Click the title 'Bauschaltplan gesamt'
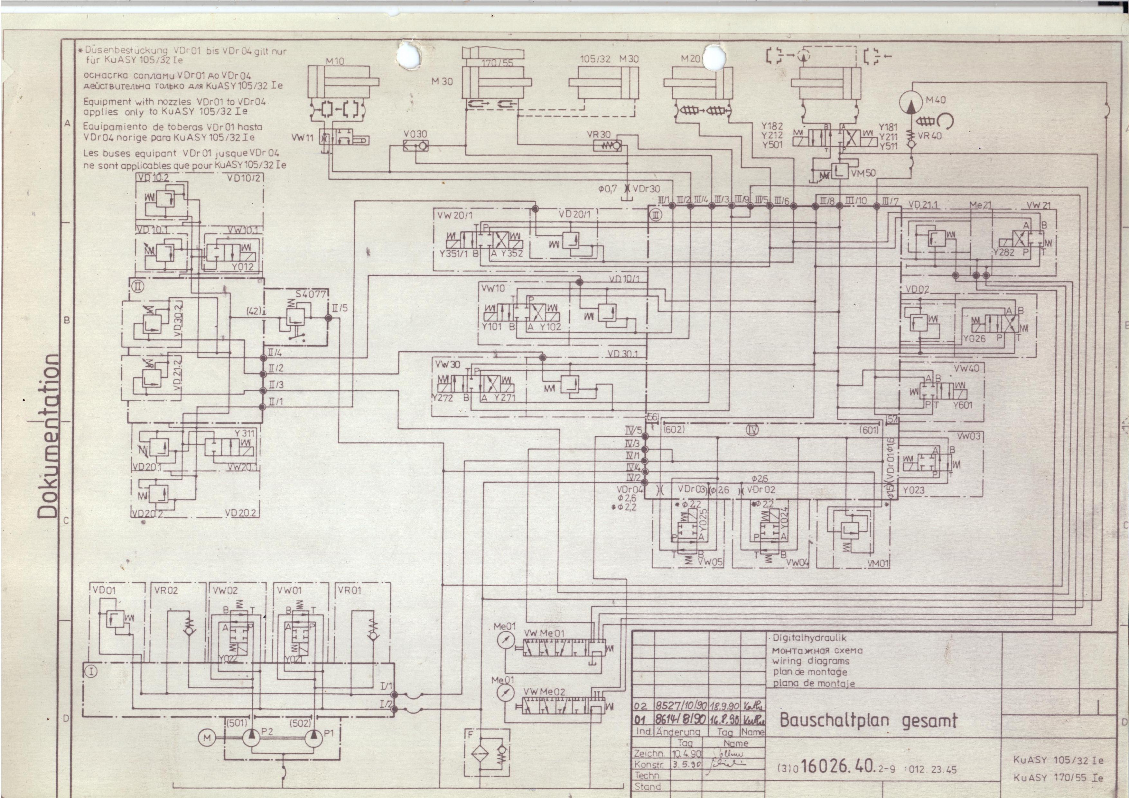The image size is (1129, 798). [868, 721]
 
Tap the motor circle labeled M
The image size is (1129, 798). [207, 738]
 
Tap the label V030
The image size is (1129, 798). [415, 134]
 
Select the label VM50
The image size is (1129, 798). [863, 173]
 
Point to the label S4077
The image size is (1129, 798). [310, 294]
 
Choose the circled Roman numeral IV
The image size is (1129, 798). [752, 430]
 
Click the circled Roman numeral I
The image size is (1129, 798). [92, 671]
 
